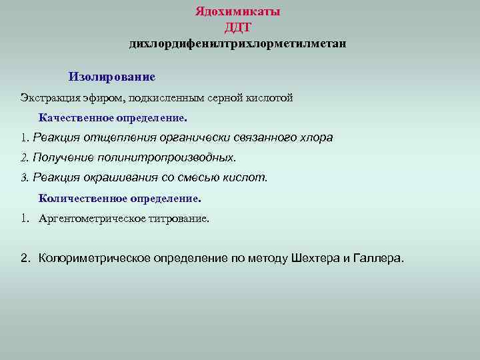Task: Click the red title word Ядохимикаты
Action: click(238, 12)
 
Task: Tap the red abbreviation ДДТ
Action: click(238, 27)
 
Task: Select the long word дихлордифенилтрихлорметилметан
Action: click(238, 44)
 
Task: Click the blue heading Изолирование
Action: click(111, 77)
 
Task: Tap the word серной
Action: click(227, 98)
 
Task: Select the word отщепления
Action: click(118, 138)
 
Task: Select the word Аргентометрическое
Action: click(87, 218)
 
